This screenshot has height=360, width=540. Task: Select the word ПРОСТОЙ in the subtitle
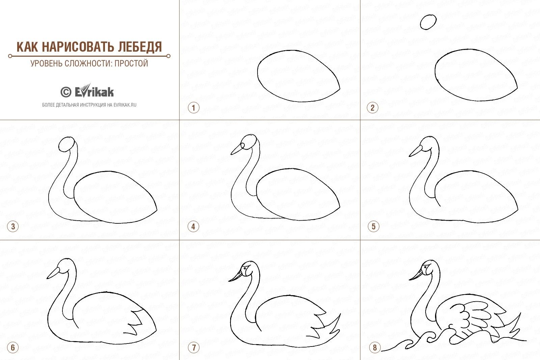click(131, 63)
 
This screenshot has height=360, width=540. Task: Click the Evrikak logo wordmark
click(94, 91)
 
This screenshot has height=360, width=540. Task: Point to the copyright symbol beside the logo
click(66, 92)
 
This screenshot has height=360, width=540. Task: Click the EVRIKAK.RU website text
click(125, 105)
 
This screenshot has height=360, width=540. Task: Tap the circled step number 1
click(194, 108)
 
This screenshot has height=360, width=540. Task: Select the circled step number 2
click(373, 108)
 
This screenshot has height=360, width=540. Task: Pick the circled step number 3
click(13, 226)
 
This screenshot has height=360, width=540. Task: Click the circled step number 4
click(193, 226)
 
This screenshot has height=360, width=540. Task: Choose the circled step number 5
click(373, 226)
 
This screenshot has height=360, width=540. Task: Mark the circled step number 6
click(13, 348)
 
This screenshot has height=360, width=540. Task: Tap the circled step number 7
click(194, 348)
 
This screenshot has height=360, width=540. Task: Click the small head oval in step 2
click(428, 22)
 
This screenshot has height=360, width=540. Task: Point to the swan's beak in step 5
click(416, 151)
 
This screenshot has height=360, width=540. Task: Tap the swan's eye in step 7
click(245, 268)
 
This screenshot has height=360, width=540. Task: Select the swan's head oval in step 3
click(66, 144)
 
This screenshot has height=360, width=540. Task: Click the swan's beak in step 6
click(53, 273)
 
